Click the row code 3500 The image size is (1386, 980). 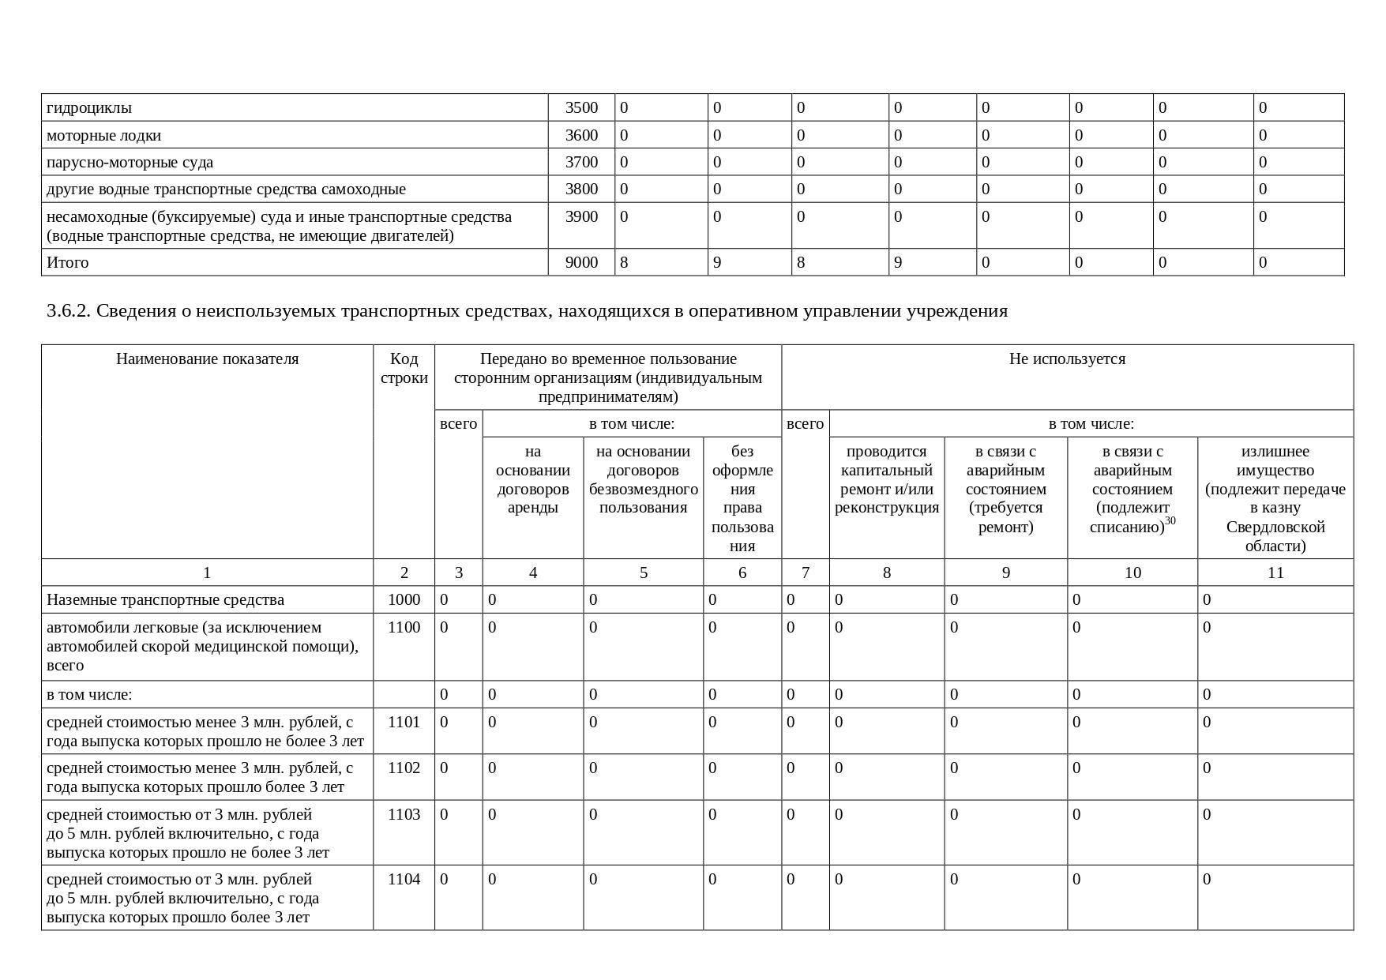click(x=581, y=107)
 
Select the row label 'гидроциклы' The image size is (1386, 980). click(x=89, y=107)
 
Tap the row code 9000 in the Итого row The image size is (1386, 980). click(x=581, y=262)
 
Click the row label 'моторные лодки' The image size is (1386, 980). click(x=103, y=135)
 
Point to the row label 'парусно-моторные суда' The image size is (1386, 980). click(x=130, y=162)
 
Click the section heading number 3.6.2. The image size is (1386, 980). click(x=69, y=311)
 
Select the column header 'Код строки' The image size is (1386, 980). click(x=404, y=368)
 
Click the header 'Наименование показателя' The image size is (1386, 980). click(x=207, y=359)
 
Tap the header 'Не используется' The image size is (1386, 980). click(x=1067, y=359)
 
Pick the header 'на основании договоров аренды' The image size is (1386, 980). click(x=532, y=479)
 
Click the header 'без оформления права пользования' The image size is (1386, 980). click(x=742, y=498)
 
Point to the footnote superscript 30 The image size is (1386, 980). click(x=1170, y=521)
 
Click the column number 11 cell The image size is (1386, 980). click(x=1275, y=573)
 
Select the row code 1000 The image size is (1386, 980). click(x=404, y=599)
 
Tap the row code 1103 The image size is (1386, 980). click(x=404, y=814)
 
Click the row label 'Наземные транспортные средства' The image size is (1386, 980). click(x=165, y=599)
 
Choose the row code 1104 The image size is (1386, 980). click(x=404, y=879)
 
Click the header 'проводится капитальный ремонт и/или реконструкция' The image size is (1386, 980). click(x=887, y=479)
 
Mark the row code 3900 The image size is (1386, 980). click(x=581, y=216)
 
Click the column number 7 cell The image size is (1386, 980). click(x=805, y=573)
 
